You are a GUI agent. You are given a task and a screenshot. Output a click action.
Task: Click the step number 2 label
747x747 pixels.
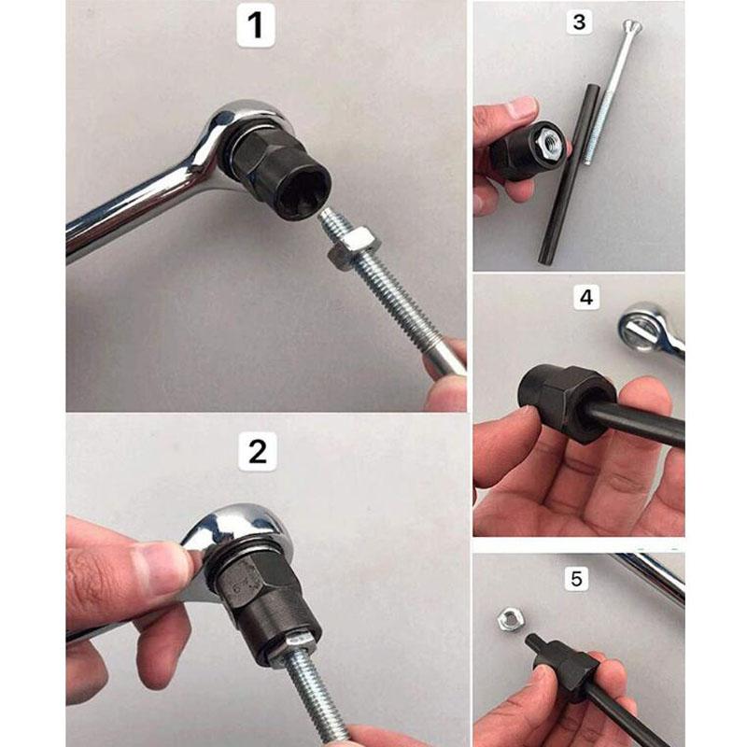tap(257, 453)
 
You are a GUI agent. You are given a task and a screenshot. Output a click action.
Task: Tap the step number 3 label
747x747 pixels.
tap(579, 21)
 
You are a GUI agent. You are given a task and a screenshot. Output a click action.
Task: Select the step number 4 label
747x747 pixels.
tap(585, 298)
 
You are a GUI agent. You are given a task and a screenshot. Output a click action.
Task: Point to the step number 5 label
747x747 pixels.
tap(578, 579)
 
